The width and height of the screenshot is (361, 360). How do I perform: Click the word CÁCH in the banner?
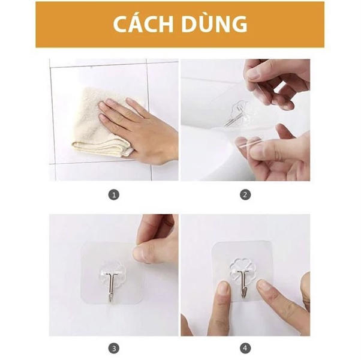coord(143,24)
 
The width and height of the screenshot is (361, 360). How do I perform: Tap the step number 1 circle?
coord(114,195)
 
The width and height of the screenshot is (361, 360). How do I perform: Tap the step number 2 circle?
coord(245,195)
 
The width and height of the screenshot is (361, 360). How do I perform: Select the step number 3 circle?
coord(114,348)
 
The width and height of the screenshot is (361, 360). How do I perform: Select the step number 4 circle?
coord(245,348)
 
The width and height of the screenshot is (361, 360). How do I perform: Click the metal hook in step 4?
coord(243,283)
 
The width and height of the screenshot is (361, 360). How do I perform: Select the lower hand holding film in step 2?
coord(274,150)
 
